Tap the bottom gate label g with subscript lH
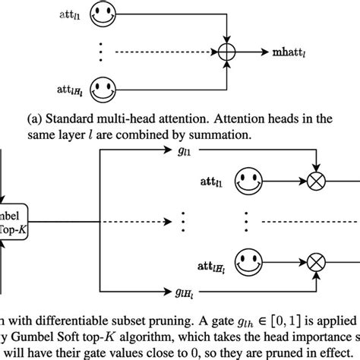(178, 291)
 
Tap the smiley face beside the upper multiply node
(252, 182)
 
